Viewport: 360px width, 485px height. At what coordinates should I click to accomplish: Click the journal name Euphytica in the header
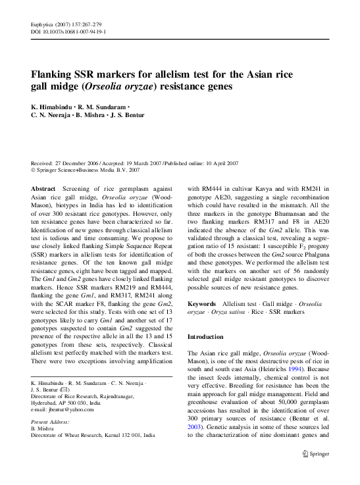(42, 24)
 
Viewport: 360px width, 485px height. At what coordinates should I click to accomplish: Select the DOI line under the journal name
(68, 32)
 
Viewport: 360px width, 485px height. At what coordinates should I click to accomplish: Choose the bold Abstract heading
(43, 188)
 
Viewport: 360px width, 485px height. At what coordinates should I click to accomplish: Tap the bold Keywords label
(201, 304)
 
